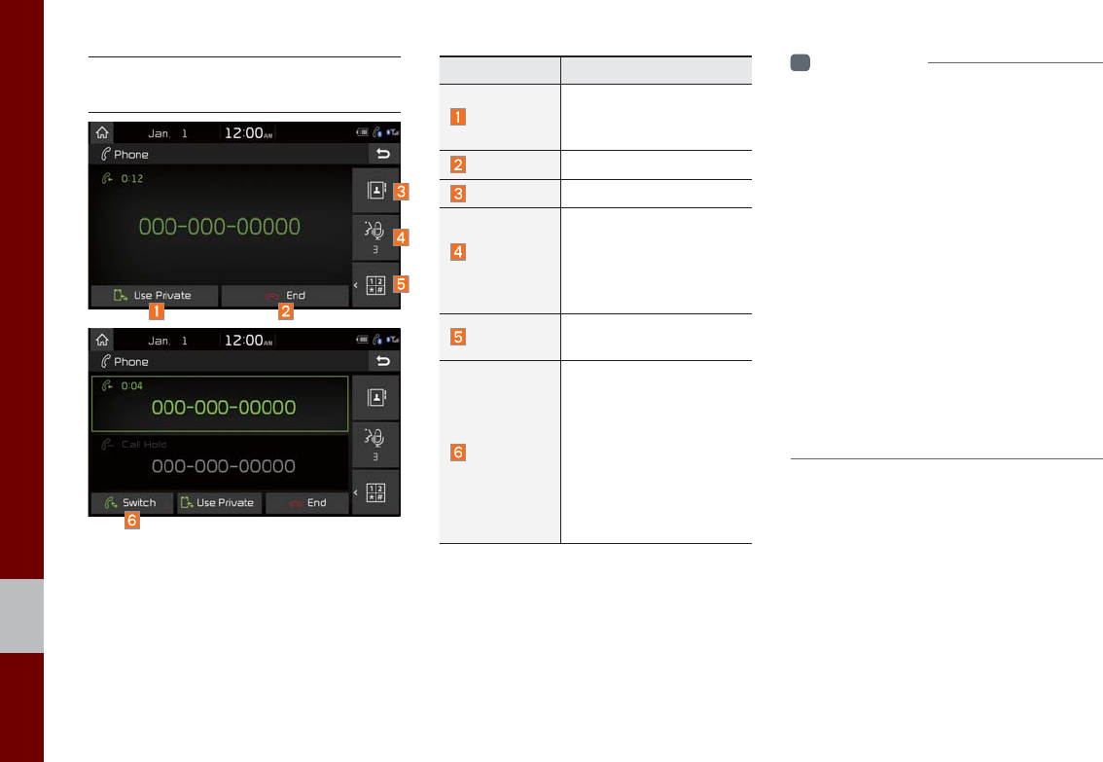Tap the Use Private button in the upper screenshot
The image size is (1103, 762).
point(154,296)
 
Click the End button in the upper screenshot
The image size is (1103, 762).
point(284,296)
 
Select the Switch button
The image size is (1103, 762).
point(131,503)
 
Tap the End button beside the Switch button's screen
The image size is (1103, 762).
point(306,503)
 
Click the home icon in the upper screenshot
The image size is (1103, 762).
point(101,132)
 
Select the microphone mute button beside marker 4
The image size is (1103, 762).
point(375,237)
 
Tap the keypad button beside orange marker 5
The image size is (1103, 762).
point(375,286)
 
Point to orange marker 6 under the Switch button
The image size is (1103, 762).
point(131,522)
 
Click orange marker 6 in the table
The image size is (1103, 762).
point(457,453)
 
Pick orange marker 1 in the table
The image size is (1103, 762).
point(457,117)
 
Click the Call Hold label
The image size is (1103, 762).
point(144,445)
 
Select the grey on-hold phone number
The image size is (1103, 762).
point(224,466)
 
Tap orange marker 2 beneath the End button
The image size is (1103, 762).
point(286,313)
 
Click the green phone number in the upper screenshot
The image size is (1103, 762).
point(219,228)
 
